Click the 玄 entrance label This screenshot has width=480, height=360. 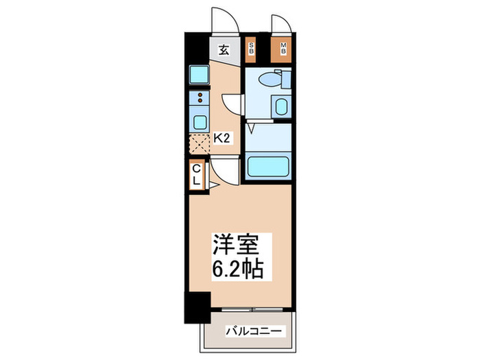[224, 49]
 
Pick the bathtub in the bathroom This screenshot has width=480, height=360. [268, 167]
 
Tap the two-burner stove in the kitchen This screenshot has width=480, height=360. [200, 99]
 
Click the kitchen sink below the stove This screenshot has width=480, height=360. [200, 123]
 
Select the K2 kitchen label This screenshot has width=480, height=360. [221, 139]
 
